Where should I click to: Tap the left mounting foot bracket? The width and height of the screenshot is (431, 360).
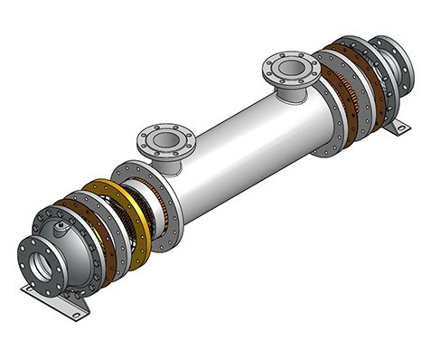click(x=55, y=302)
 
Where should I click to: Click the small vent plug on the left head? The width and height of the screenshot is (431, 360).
click(x=61, y=217)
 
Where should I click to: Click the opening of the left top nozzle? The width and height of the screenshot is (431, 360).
click(x=164, y=138)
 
